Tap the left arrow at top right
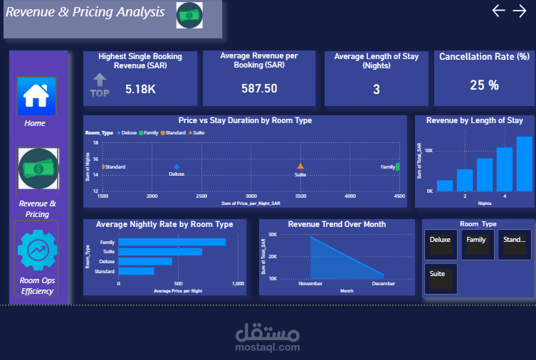(498, 10)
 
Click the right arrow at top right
(520, 10)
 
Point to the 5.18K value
(140, 89)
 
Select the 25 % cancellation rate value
(484, 85)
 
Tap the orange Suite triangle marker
(300, 166)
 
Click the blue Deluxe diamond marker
(177, 166)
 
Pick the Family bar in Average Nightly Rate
(172, 242)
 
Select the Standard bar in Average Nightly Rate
(136, 271)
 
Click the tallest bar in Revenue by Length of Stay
(524, 164)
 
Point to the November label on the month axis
(310, 283)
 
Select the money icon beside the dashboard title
(189, 15)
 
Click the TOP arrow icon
(100, 85)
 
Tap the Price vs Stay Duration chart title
(245, 121)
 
